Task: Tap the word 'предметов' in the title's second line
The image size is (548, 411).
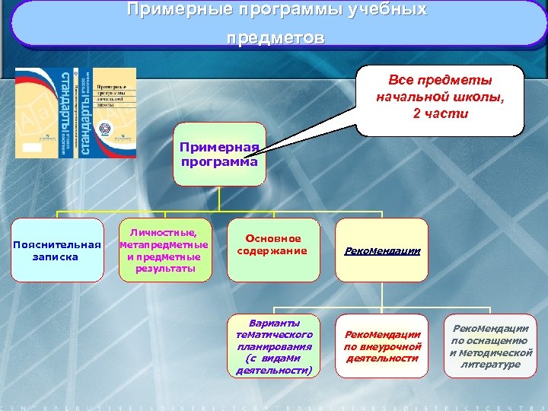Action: pyautogui.click(x=275, y=38)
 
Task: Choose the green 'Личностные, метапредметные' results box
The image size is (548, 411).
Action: pyautogui.click(x=164, y=250)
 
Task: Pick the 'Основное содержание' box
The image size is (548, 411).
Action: pyautogui.click(x=272, y=245)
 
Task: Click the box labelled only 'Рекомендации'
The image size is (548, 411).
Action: pyautogui.click(x=382, y=250)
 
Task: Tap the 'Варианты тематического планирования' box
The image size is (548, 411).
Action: pyautogui.click(x=274, y=346)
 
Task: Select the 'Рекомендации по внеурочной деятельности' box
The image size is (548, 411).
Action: pyautogui.click(x=382, y=346)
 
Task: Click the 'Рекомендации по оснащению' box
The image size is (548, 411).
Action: pyautogui.click(x=490, y=346)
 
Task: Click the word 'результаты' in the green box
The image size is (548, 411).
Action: pyautogui.click(x=164, y=268)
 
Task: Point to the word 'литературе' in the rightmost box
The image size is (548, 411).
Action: pyautogui.click(x=490, y=365)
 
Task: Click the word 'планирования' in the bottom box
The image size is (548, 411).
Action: pyautogui.click(x=274, y=346)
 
